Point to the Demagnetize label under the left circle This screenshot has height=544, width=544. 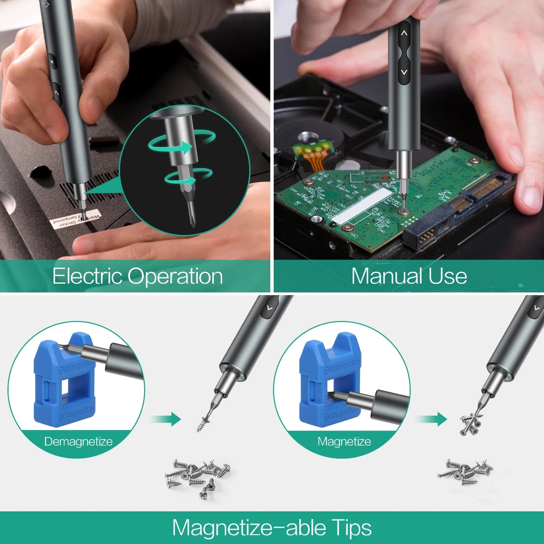click(78, 441)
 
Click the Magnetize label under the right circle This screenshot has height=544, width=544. click(344, 441)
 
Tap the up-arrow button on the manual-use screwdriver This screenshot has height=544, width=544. click(404, 34)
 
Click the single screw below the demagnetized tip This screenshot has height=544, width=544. click(203, 423)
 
